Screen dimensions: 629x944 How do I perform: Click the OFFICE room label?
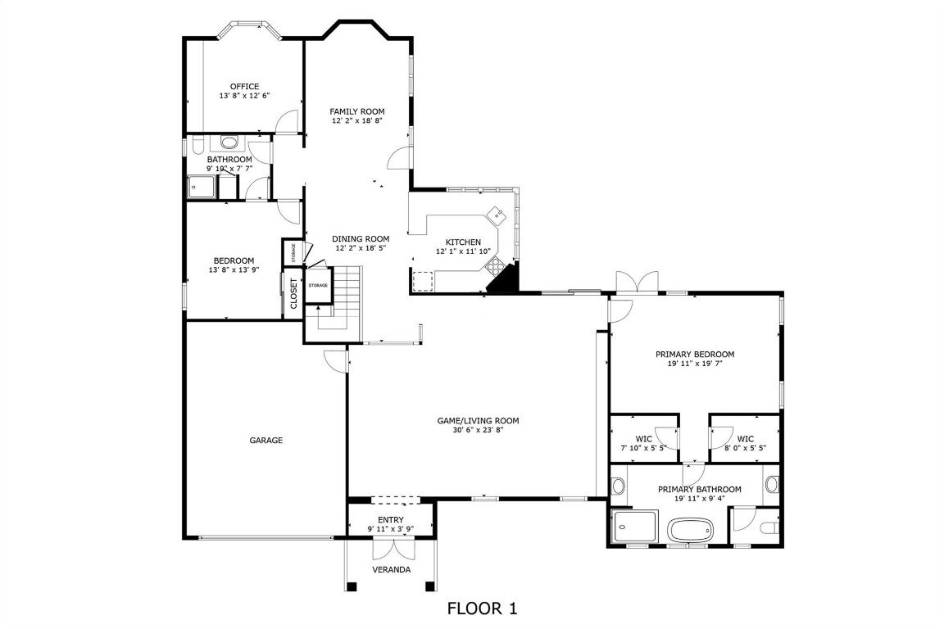point(244,86)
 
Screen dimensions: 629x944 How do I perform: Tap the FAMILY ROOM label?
point(357,111)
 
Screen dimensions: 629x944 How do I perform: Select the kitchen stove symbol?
point(495,264)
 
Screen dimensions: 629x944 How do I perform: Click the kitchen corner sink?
point(496,215)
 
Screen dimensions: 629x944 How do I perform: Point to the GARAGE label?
point(266,440)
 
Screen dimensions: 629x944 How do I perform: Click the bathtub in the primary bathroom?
point(692,531)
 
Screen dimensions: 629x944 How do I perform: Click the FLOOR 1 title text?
point(482,609)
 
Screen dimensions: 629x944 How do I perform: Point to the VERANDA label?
point(391,569)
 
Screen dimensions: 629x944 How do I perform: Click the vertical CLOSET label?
point(294,293)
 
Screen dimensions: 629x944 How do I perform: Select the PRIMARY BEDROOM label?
point(695,354)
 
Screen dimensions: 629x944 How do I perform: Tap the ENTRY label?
point(390,519)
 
